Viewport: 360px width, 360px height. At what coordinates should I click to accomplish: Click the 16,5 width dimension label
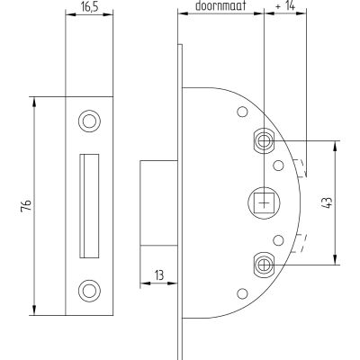(x=89, y=7)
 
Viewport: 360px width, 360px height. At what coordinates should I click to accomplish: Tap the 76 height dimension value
(x=26, y=206)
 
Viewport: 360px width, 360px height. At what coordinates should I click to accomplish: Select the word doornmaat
(x=220, y=6)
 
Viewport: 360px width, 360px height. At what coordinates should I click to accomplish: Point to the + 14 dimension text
(x=285, y=6)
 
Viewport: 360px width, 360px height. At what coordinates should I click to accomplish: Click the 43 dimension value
(x=328, y=202)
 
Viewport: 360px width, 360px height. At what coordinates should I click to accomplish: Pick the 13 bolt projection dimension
(x=159, y=274)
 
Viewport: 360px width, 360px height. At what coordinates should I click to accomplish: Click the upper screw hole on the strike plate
(x=89, y=121)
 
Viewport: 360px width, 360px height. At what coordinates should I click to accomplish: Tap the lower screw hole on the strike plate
(x=89, y=291)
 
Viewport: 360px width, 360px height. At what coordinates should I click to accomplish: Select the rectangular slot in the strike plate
(x=89, y=206)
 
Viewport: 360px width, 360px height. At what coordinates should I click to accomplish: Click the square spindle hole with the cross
(x=264, y=202)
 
